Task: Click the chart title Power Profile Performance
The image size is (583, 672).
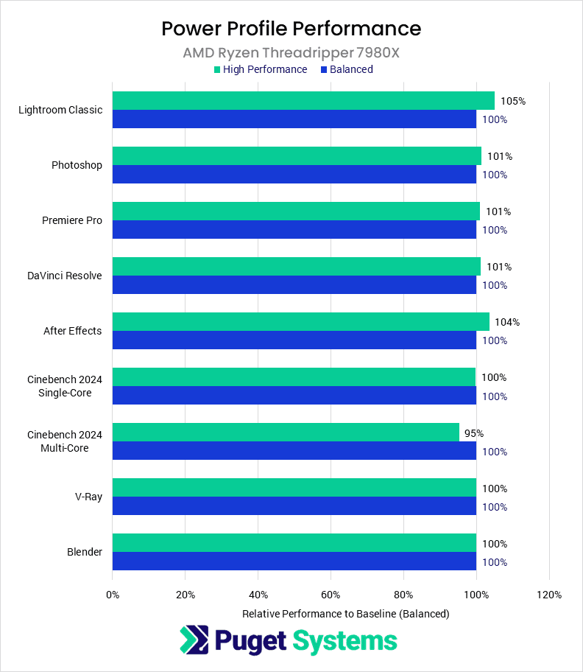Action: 291,29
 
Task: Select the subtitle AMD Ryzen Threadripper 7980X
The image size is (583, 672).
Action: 291,53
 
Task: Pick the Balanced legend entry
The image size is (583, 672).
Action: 347,69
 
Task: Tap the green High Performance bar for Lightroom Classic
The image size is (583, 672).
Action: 303,101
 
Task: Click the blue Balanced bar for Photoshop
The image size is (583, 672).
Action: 294,175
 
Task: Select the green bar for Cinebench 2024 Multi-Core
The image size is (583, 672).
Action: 286,433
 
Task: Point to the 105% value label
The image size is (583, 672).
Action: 513,101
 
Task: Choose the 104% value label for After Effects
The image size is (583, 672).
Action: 508,322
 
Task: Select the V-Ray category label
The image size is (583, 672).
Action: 88,497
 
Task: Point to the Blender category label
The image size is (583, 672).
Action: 85,552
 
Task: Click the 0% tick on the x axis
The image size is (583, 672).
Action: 113,595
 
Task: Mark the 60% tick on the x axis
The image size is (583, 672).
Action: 331,595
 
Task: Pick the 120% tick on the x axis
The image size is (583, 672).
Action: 549,595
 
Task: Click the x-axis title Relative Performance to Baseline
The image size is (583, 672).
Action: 345,613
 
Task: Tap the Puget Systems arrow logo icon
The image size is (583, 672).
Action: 194,640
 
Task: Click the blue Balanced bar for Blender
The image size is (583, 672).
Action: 294,561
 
